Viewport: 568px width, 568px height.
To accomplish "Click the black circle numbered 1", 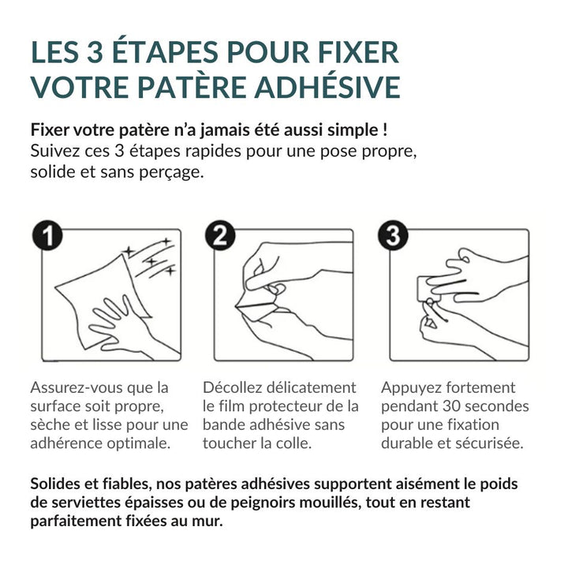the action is (x=47, y=235).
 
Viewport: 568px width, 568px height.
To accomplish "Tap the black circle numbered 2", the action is (x=220, y=235).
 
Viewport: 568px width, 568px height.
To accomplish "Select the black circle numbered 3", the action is (x=393, y=235).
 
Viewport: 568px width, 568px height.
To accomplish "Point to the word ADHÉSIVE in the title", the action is (x=327, y=88).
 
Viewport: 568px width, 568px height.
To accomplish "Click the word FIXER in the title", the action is (x=358, y=52).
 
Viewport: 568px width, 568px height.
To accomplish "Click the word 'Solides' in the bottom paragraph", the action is (x=54, y=484).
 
